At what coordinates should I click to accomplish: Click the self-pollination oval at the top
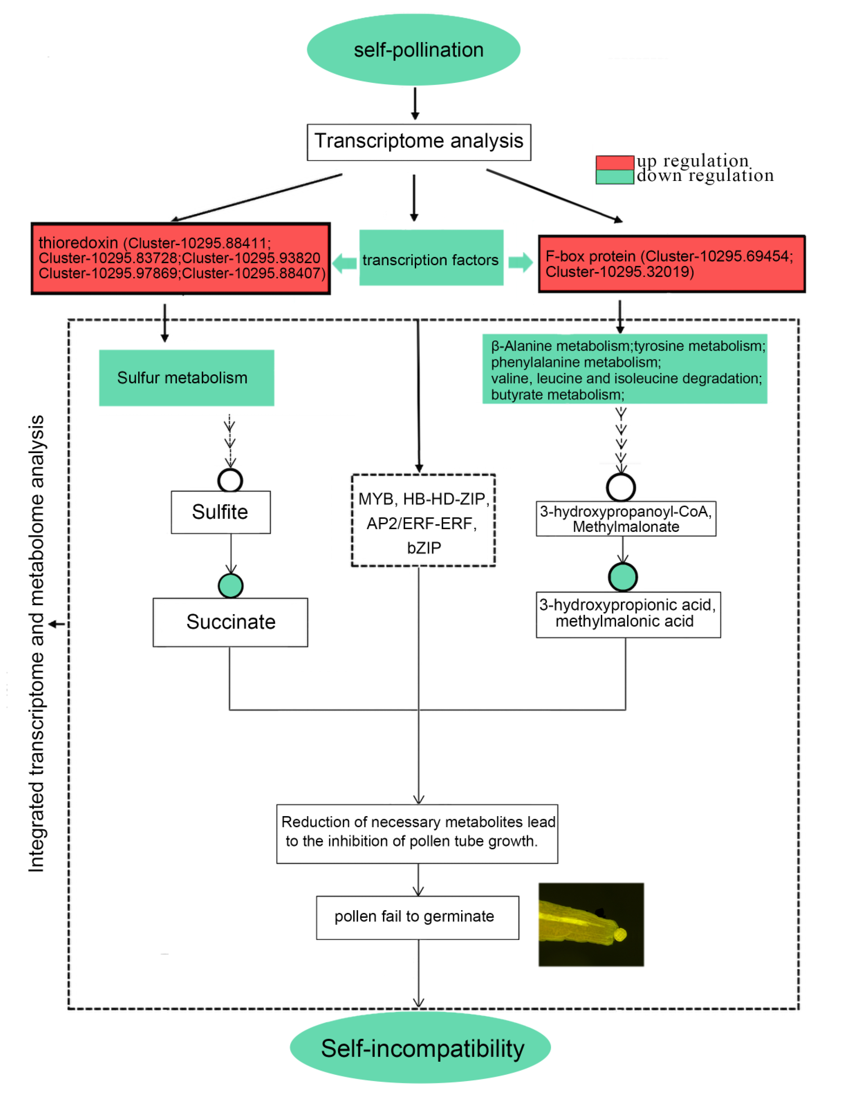pyautogui.click(x=413, y=50)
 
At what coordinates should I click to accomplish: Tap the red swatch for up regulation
pyautogui.click(x=614, y=163)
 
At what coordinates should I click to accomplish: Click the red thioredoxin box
pyautogui.click(x=181, y=258)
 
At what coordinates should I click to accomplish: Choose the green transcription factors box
pyautogui.click(x=431, y=258)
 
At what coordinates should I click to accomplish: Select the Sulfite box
pyautogui.click(x=220, y=512)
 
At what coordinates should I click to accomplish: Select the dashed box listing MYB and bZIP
pyautogui.click(x=423, y=520)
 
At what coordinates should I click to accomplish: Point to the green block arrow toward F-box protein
pyautogui.click(x=520, y=262)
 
